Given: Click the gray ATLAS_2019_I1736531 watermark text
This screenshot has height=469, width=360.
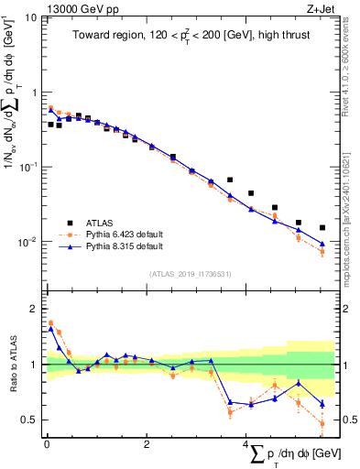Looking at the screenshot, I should (190, 274).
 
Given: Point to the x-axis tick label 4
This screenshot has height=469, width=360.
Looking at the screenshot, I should (245, 445).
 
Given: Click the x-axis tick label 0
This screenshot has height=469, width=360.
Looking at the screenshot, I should (47, 445).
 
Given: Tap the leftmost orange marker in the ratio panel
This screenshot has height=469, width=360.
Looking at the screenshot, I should (50, 322).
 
